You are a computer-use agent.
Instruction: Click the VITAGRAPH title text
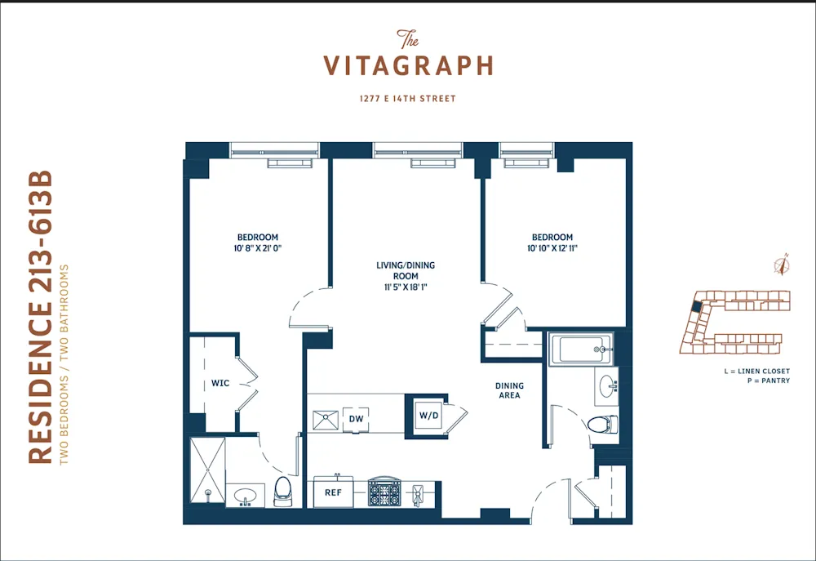[408, 65]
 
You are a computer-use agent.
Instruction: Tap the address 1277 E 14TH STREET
[408, 99]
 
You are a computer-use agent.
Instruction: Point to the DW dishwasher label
[356, 419]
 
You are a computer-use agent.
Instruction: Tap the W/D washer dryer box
[428, 415]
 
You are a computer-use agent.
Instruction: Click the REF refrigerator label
[333, 492]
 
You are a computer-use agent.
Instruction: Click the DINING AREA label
[509, 390]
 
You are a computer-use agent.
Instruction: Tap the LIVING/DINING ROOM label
[397, 276]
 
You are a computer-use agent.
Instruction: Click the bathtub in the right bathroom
[580, 349]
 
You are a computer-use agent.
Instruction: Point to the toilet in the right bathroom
[603, 425]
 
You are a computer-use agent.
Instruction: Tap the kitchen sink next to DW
[326, 420]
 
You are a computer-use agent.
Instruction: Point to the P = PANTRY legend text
[766, 380]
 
